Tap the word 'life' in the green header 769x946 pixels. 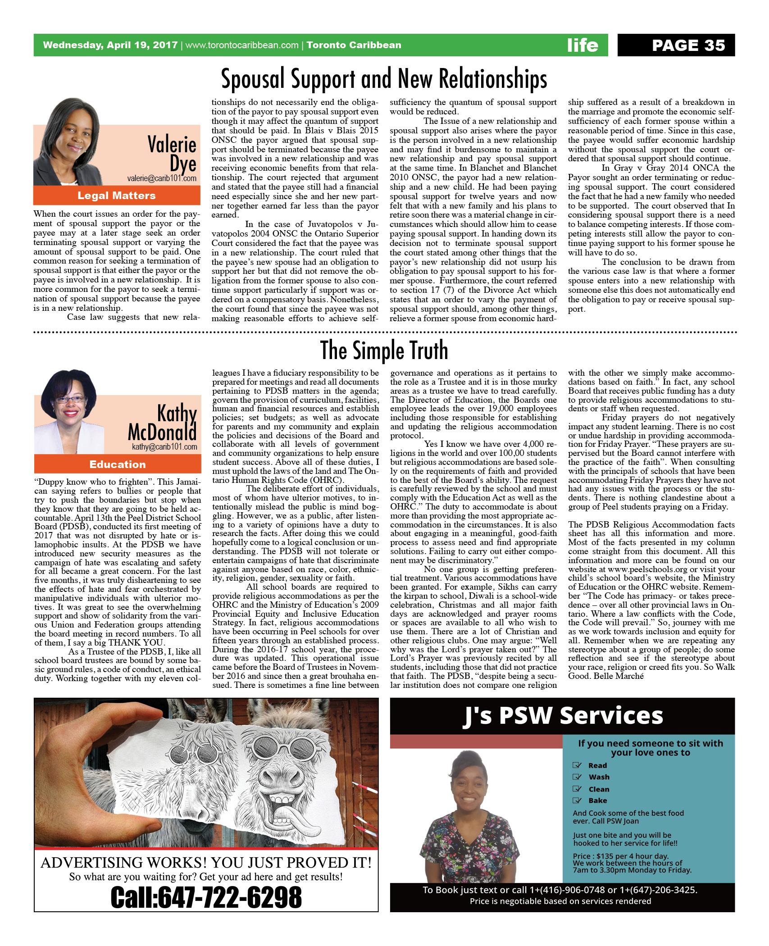pyautogui.click(x=582, y=45)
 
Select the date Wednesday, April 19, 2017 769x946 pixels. pyautogui.click(x=110, y=45)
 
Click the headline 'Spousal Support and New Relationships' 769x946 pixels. pyautogui.click(x=384, y=79)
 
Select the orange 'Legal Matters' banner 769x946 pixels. pyautogui.click(x=117, y=196)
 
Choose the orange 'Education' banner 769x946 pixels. pyautogui.click(x=117, y=464)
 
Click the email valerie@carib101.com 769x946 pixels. pyautogui.click(x=162, y=178)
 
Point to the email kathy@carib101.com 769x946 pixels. pyautogui.click(x=164, y=447)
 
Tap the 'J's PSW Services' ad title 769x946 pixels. pyautogui.click(x=563, y=715)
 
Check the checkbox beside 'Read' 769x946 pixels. pyautogui.click(x=576, y=765)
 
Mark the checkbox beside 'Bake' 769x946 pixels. pyautogui.click(x=576, y=800)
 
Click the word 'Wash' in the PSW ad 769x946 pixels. pyautogui.click(x=599, y=777)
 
